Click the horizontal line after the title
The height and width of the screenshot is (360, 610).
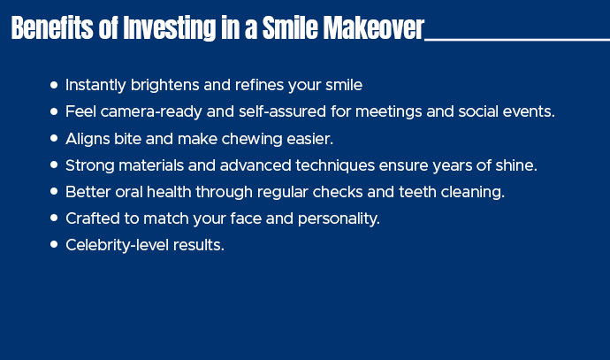pos(517,40)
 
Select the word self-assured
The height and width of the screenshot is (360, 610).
pos(252,112)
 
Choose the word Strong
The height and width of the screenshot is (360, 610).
pos(88,165)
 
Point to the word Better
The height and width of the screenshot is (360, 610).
pos(87,192)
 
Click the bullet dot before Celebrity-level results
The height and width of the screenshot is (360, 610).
pos(55,244)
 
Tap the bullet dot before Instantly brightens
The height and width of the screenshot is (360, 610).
pos(55,85)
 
